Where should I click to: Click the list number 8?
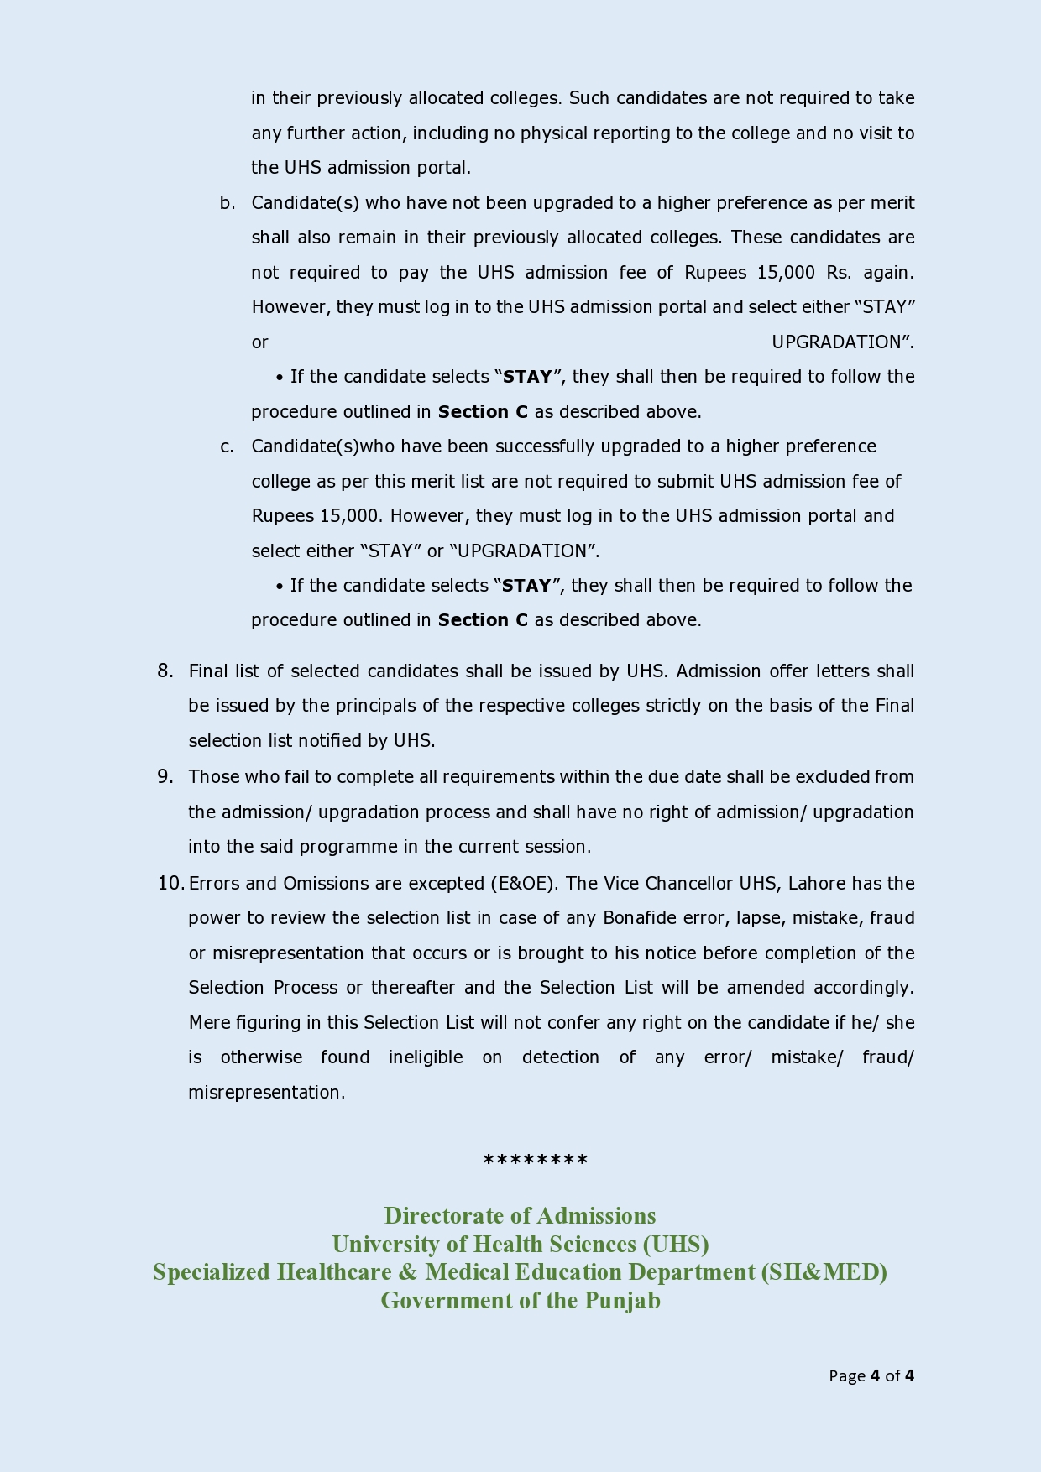pyautogui.click(x=165, y=671)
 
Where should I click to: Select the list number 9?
pyautogui.click(x=165, y=776)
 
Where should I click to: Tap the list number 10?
pyautogui.click(x=170, y=883)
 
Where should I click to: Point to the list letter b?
pyautogui.click(x=228, y=203)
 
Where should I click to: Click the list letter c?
pyautogui.click(x=228, y=446)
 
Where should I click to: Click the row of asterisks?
pyautogui.click(x=536, y=1161)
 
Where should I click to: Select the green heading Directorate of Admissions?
pyautogui.click(x=520, y=1215)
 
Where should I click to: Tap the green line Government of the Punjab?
pyautogui.click(x=520, y=1300)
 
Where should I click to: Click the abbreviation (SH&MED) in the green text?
pyautogui.click(x=824, y=1272)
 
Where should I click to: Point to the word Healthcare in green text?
pyautogui.click(x=334, y=1272)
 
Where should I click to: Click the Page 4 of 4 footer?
pyautogui.click(x=871, y=1375)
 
